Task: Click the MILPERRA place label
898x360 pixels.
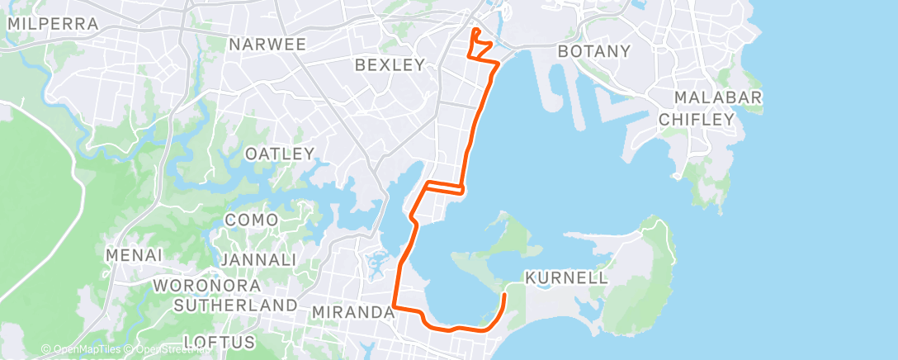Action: click(x=52, y=24)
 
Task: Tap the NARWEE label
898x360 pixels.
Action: click(x=268, y=44)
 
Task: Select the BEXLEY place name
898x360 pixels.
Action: click(x=389, y=64)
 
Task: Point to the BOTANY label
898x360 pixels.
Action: click(x=594, y=51)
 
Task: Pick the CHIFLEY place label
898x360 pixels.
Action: click(x=697, y=120)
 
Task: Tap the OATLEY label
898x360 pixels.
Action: click(x=281, y=154)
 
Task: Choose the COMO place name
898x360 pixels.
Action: click(x=251, y=220)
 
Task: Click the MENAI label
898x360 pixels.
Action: click(x=133, y=256)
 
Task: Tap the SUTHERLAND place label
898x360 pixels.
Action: click(x=236, y=306)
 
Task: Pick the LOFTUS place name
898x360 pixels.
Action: click(x=220, y=341)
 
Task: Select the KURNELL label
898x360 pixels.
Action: click(x=566, y=277)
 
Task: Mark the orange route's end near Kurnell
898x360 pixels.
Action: click(x=505, y=293)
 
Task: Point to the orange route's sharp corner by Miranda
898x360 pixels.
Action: click(x=393, y=308)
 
